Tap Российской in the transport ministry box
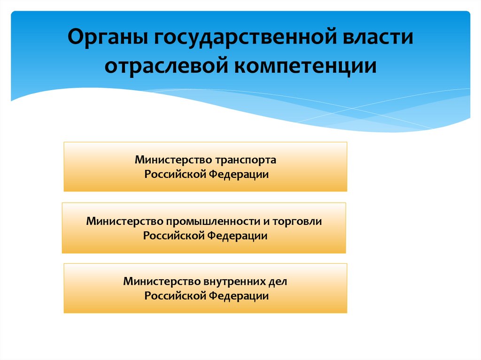click(x=175, y=175)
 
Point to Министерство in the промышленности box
click(x=124, y=221)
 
